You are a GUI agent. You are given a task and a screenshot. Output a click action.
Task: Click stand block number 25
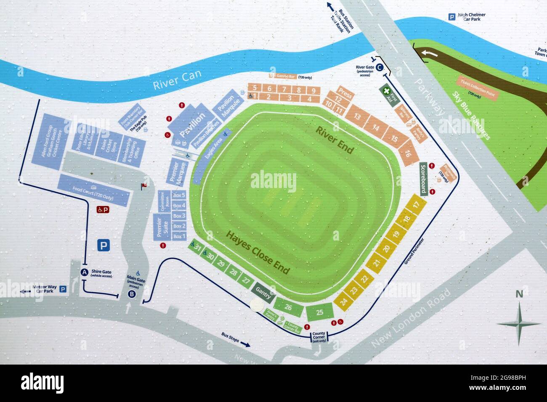[320, 312]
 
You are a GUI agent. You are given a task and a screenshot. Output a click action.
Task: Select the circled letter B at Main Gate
[132, 294]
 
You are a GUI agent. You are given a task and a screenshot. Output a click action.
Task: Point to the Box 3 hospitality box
[179, 216]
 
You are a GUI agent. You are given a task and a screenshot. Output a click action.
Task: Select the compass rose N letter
[519, 295]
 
